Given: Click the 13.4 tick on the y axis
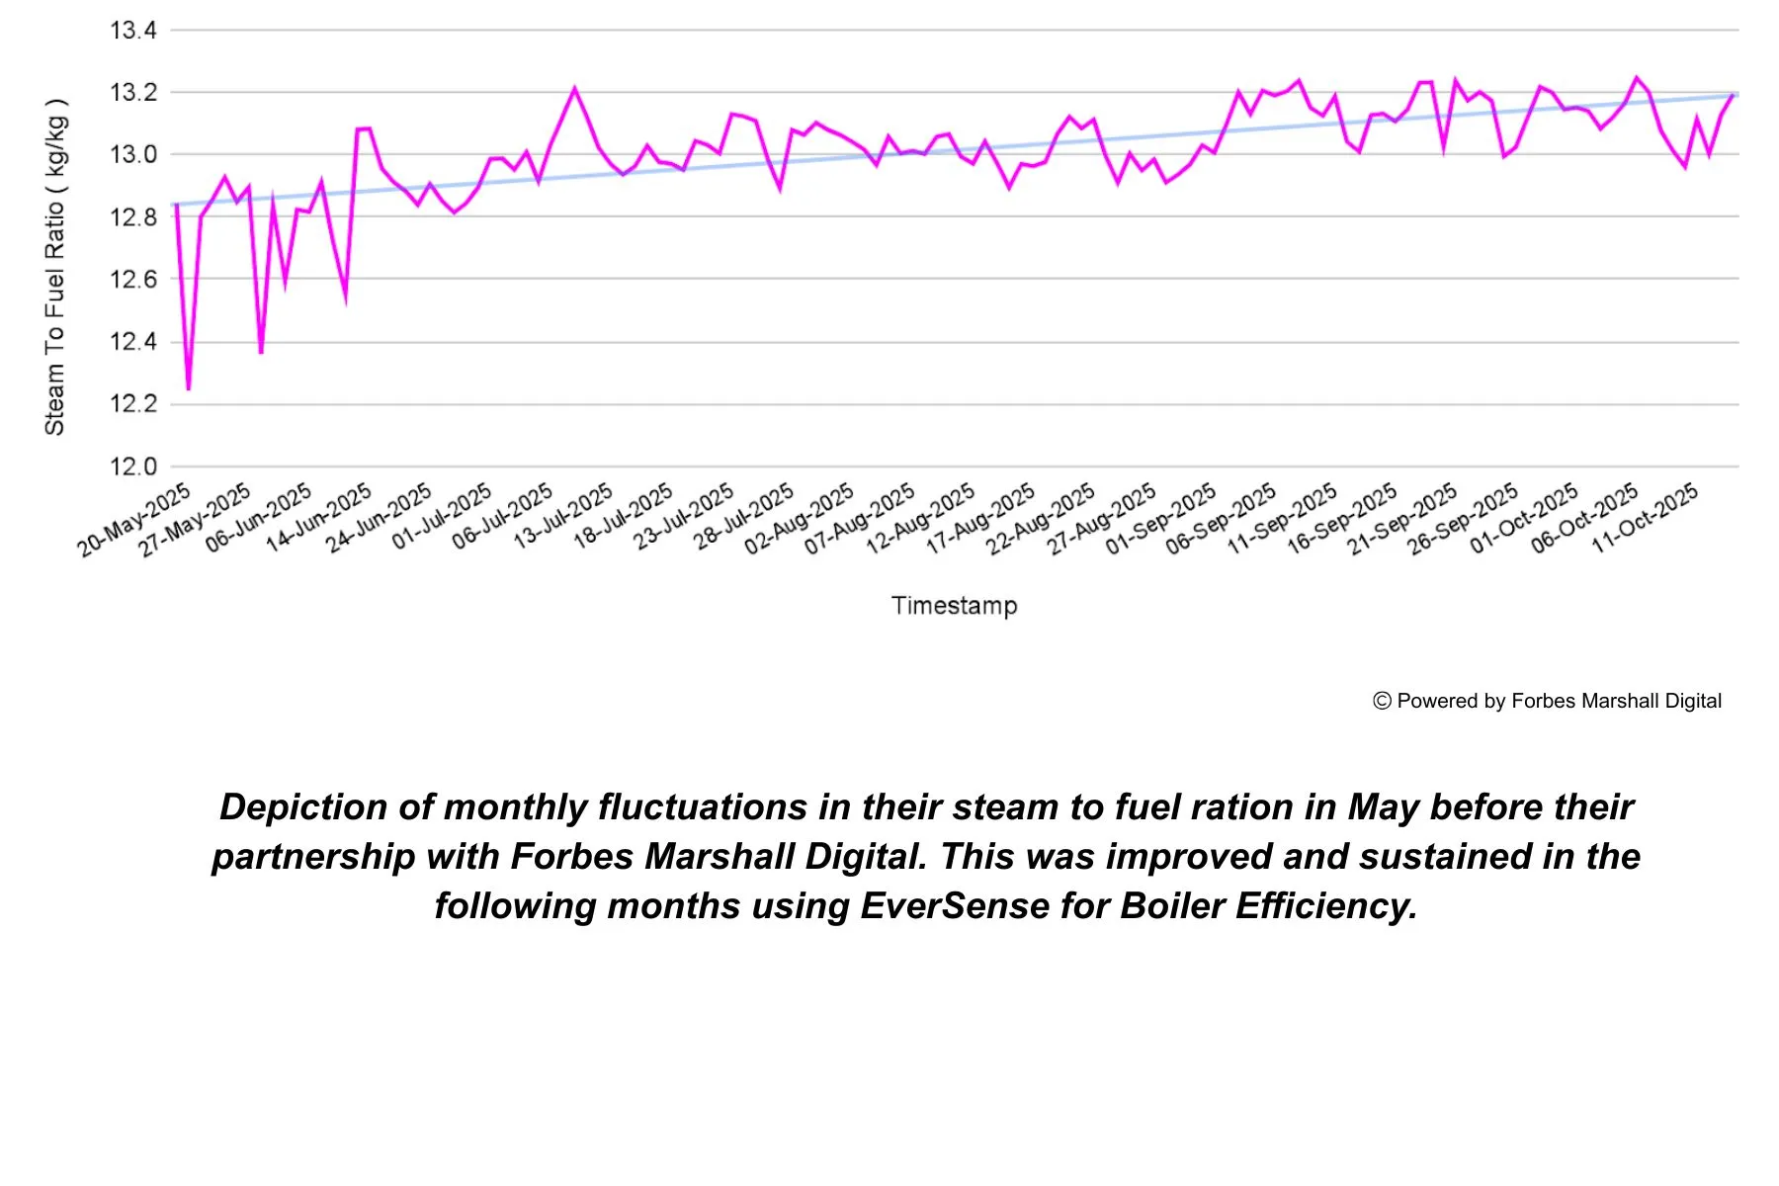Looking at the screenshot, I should click(x=133, y=31).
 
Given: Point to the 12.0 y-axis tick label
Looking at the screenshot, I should click(x=133, y=466).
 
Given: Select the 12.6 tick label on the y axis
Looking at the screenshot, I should click(x=133, y=280).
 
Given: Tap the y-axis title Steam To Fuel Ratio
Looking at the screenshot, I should click(x=55, y=267).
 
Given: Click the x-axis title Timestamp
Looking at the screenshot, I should click(x=954, y=606).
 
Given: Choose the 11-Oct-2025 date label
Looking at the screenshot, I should click(x=1646, y=518).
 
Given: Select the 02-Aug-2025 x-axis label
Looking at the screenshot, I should click(x=800, y=519).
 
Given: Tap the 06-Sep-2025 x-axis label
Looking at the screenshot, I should click(x=1222, y=519).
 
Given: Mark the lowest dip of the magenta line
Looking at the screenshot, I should click(x=188, y=388).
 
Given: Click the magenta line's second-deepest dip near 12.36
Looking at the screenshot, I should click(x=261, y=352).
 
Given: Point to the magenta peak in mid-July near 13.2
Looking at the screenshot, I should click(x=574, y=89).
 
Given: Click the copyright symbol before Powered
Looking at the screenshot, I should click(x=1382, y=701).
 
